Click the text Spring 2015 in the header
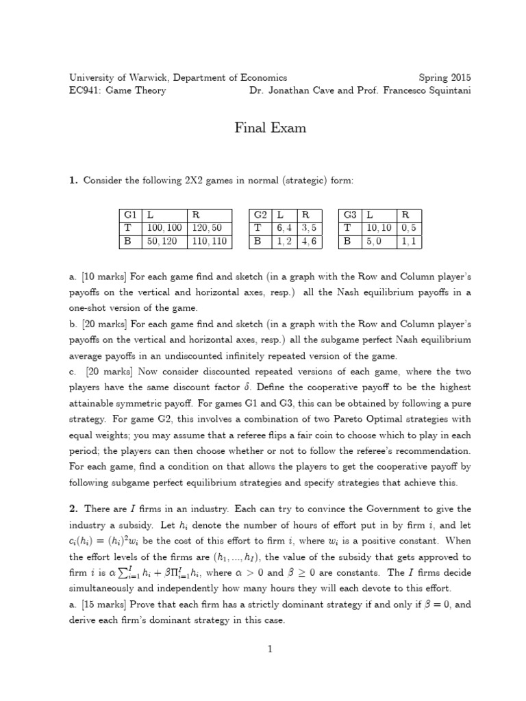pyautogui.click(x=444, y=78)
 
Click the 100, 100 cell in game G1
pyautogui.click(x=162, y=228)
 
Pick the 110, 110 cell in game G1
pyautogui.click(x=209, y=241)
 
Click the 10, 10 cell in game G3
pyautogui.click(x=379, y=228)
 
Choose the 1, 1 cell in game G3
pyautogui.click(x=410, y=241)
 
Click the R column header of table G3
pyautogui.click(x=405, y=214)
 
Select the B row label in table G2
pyautogui.click(x=258, y=241)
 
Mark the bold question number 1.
pyautogui.click(x=73, y=180)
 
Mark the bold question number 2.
pyautogui.click(x=73, y=509)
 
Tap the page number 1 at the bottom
pyautogui.click(x=271, y=650)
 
